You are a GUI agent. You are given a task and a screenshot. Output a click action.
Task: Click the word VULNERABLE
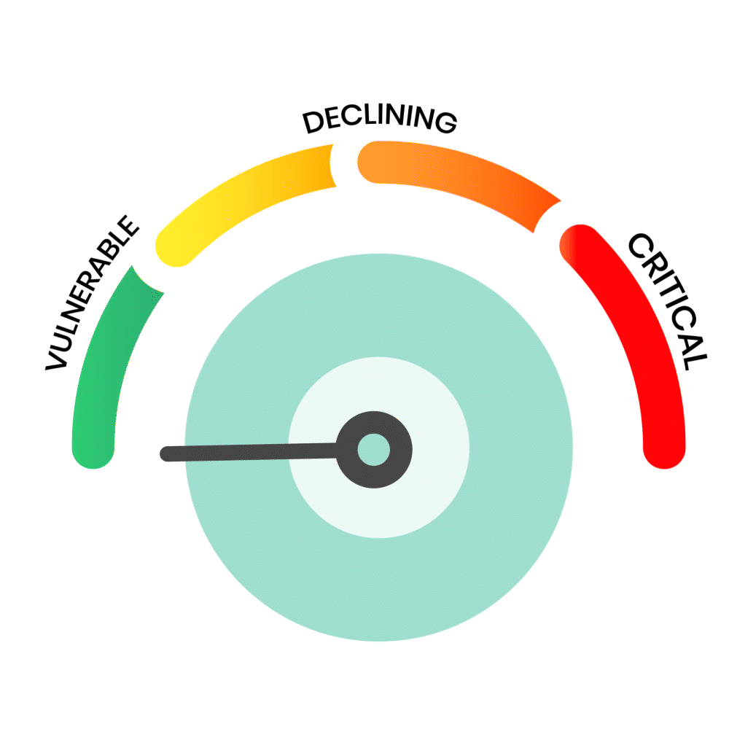click(92, 293)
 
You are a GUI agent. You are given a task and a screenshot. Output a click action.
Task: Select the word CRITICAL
click(668, 301)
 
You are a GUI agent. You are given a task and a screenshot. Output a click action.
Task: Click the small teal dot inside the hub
click(374, 450)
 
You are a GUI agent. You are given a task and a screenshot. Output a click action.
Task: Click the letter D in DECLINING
click(313, 122)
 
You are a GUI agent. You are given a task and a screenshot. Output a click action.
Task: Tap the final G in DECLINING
click(446, 122)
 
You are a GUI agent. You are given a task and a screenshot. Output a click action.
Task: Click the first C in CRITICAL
click(640, 246)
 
